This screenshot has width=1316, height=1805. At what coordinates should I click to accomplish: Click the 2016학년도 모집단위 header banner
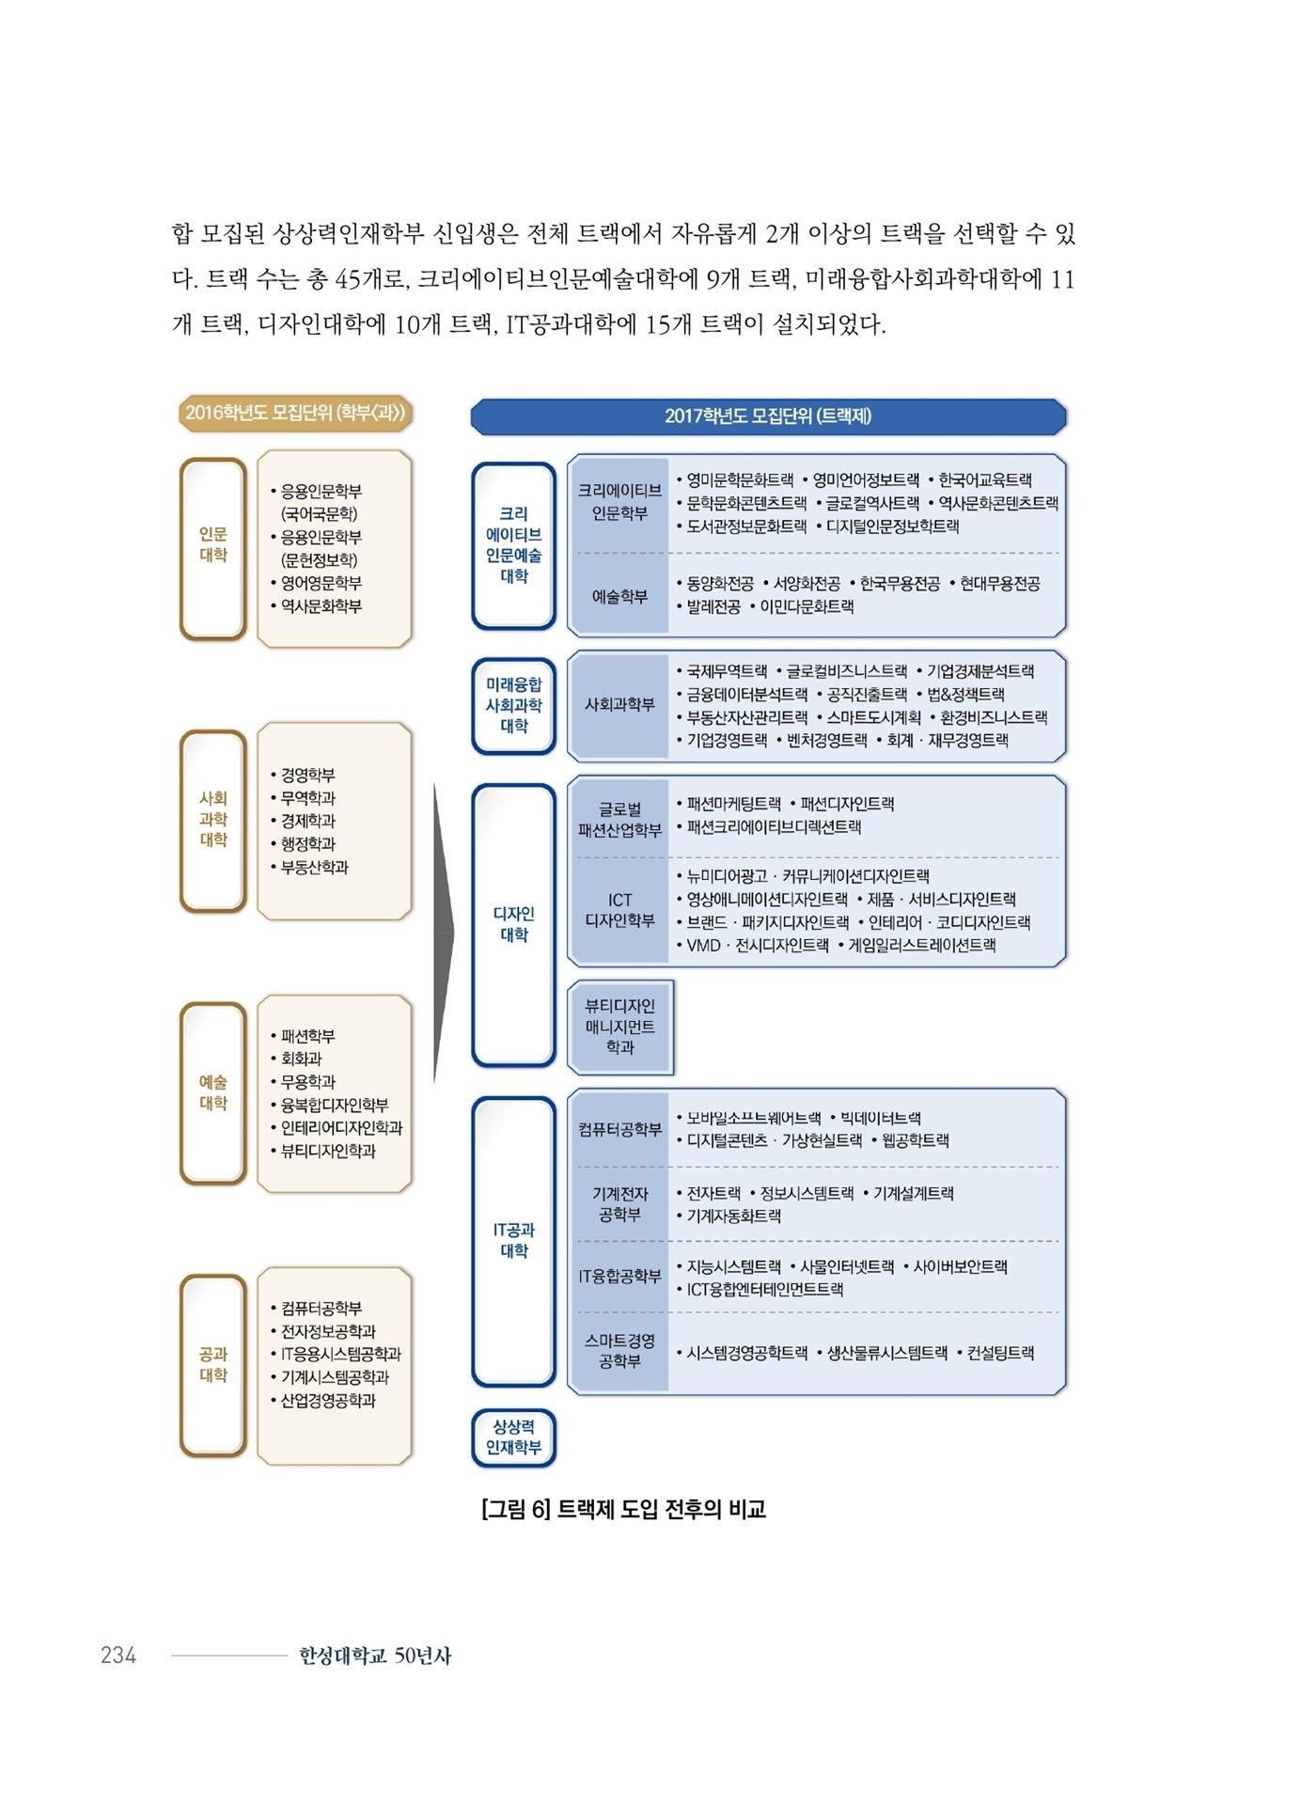(x=295, y=413)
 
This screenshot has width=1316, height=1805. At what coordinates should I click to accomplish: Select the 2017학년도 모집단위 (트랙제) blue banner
(x=768, y=416)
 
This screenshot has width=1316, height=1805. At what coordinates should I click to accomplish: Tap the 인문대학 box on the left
(x=213, y=548)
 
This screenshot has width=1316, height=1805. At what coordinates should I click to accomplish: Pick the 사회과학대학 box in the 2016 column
(x=213, y=821)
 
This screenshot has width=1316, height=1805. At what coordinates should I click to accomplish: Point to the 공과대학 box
(x=213, y=1365)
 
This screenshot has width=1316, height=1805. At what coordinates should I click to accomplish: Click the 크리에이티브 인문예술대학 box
(x=513, y=545)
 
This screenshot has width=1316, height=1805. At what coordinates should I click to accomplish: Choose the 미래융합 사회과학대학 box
(x=513, y=706)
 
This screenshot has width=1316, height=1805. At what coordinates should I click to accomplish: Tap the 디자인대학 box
(x=513, y=925)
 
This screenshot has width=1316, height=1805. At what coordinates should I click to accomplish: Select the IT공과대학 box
(x=513, y=1241)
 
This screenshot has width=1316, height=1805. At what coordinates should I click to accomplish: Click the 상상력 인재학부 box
(x=513, y=1438)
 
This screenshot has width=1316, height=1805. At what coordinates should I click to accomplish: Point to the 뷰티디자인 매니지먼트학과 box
(x=620, y=1027)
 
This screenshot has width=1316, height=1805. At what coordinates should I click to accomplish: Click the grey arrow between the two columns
(x=444, y=933)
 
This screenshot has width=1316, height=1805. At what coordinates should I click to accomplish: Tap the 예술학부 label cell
(x=619, y=596)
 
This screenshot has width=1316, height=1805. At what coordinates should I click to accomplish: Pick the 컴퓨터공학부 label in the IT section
(x=619, y=1129)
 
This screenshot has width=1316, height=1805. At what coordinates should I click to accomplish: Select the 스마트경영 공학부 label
(x=619, y=1351)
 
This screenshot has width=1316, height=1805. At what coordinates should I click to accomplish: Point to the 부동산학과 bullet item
(x=309, y=867)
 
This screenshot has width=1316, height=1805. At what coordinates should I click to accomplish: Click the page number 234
(x=118, y=1656)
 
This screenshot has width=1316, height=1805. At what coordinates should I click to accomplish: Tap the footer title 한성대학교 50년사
(x=375, y=1656)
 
